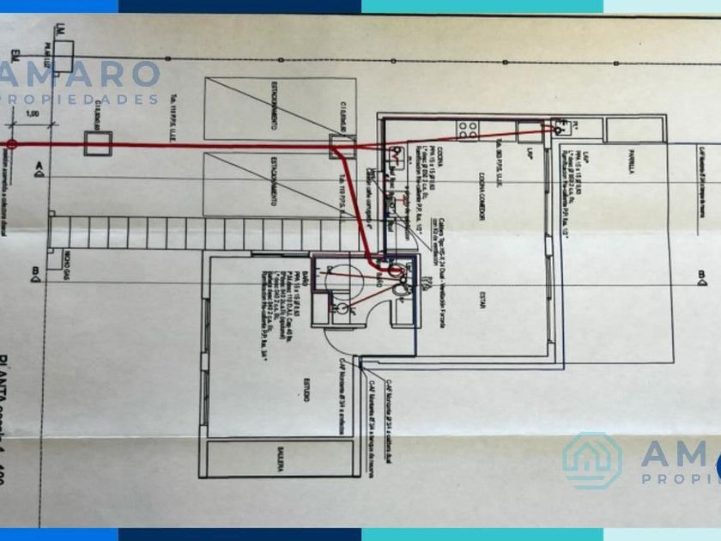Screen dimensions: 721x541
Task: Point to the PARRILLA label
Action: (628, 164)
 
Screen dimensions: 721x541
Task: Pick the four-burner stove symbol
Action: (469, 130)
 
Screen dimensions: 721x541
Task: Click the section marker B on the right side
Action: (701, 276)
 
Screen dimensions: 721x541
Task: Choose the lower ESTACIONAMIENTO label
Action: (273, 181)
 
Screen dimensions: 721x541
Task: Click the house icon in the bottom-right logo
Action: (591, 461)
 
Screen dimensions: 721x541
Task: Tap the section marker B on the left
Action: (37, 275)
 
